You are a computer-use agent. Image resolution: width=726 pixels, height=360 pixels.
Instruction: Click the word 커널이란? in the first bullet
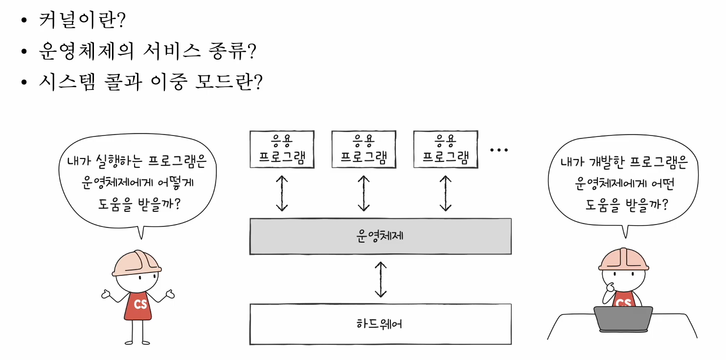(x=82, y=21)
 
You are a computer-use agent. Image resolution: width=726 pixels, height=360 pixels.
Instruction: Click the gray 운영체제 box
(x=380, y=236)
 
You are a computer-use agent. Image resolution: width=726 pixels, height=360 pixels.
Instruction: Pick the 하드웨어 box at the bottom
(x=380, y=324)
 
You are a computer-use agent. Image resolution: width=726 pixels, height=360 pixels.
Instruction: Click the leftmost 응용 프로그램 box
(x=281, y=150)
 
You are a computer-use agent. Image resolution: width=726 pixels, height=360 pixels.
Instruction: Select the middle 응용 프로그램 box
(x=363, y=150)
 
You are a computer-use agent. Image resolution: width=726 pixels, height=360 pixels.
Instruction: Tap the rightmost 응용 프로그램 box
(x=445, y=150)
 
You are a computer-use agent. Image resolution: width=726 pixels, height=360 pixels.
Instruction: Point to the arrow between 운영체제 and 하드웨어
(x=381, y=279)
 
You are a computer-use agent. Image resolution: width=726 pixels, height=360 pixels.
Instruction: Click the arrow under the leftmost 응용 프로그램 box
(x=282, y=193)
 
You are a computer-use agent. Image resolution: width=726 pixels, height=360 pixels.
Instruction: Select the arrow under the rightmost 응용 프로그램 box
(x=445, y=193)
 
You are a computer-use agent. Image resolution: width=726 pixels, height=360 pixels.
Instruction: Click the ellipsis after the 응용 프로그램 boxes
(x=499, y=150)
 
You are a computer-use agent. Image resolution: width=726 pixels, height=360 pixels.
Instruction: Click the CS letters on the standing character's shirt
(x=140, y=304)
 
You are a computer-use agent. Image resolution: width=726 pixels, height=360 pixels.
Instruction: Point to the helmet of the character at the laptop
(x=623, y=259)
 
